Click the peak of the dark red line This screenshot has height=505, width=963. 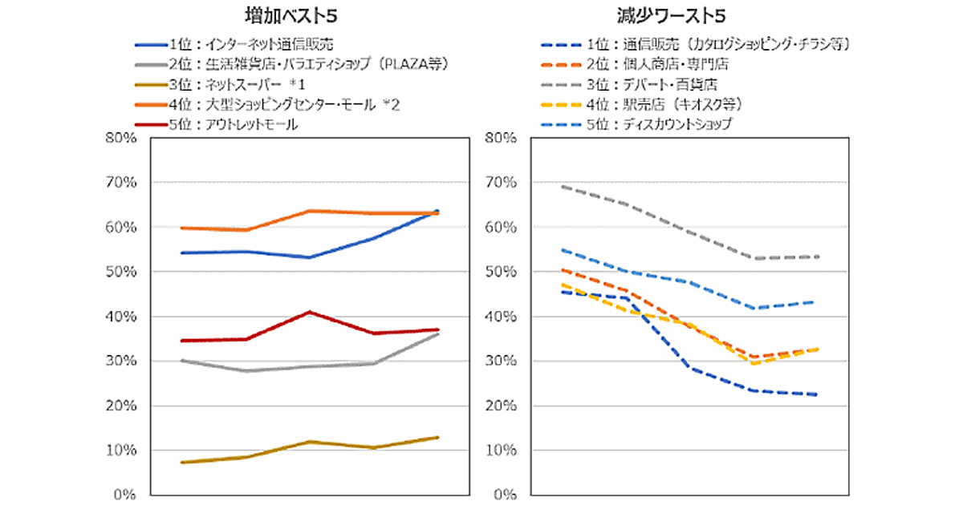(x=310, y=312)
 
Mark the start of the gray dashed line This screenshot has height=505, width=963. (x=562, y=187)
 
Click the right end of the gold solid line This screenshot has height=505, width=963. (x=438, y=437)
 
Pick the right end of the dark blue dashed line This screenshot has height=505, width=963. (x=817, y=394)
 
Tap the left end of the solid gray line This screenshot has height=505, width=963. (x=181, y=361)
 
